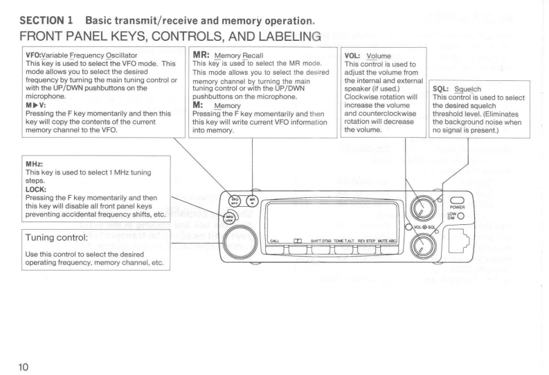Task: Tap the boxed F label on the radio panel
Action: pyautogui.click(x=298, y=239)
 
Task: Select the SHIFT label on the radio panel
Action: pyautogui.click(x=322, y=239)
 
